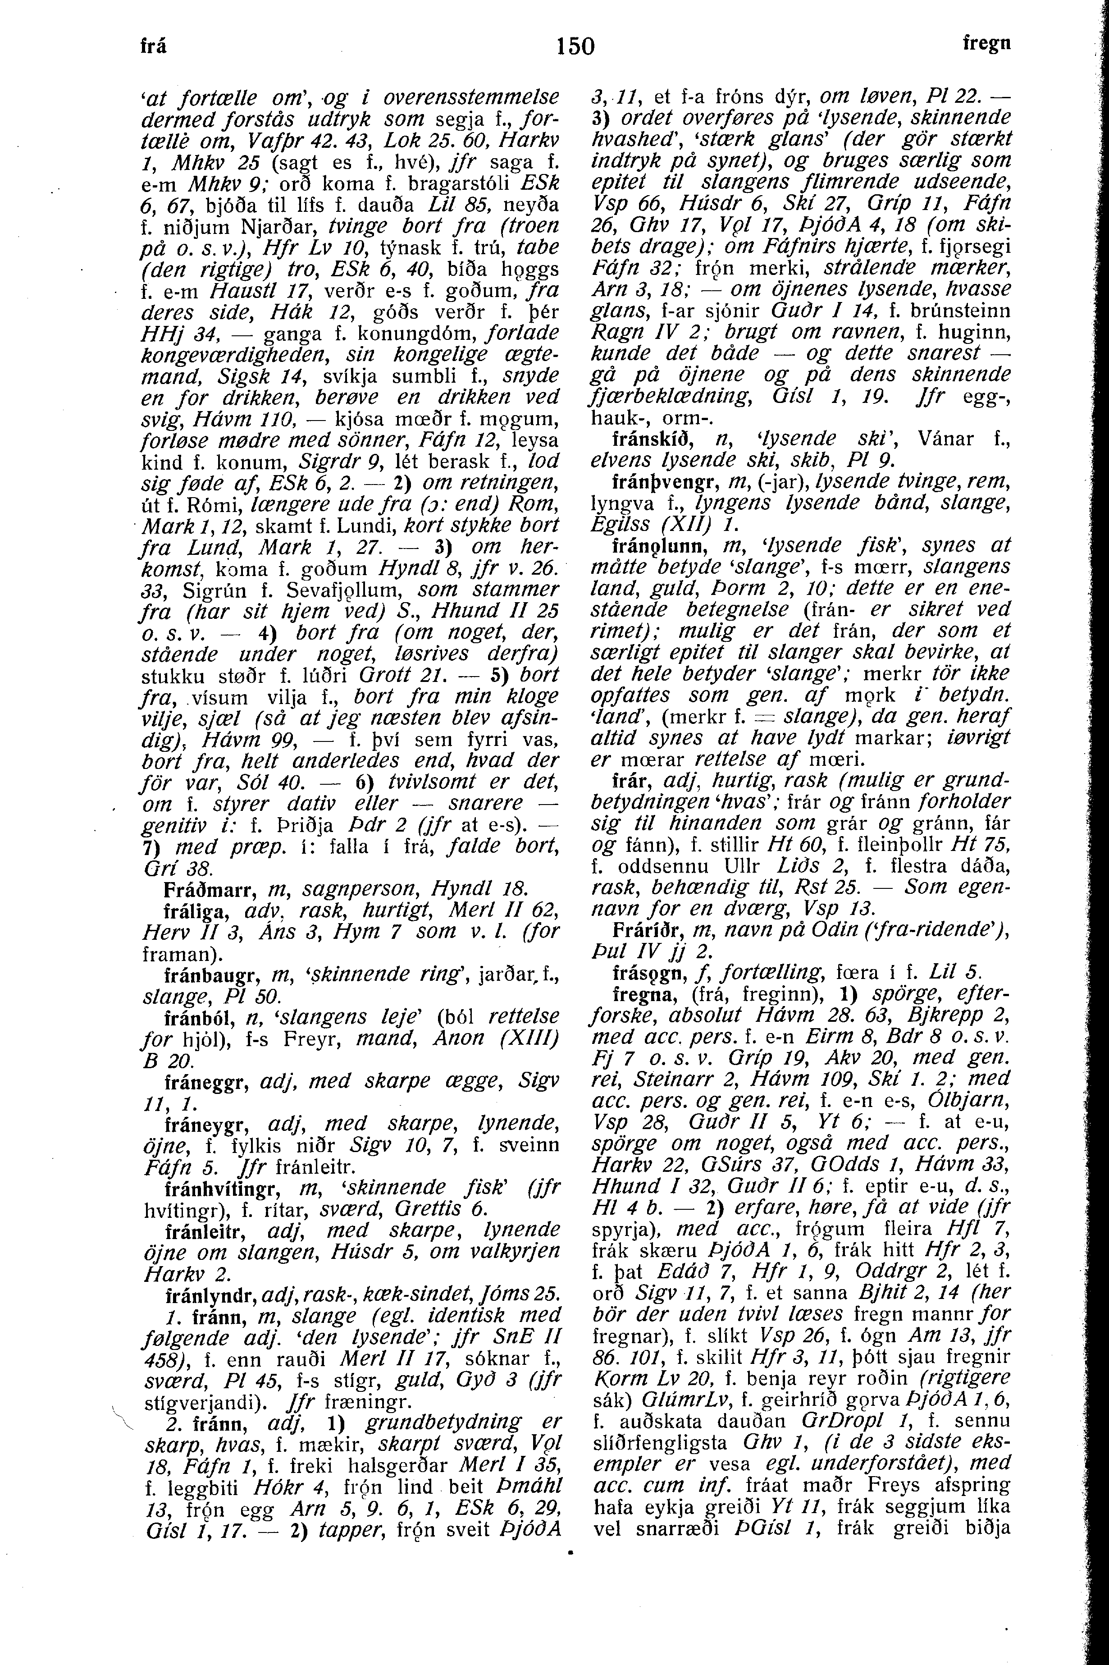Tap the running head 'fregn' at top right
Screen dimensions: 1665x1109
coord(986,43)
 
